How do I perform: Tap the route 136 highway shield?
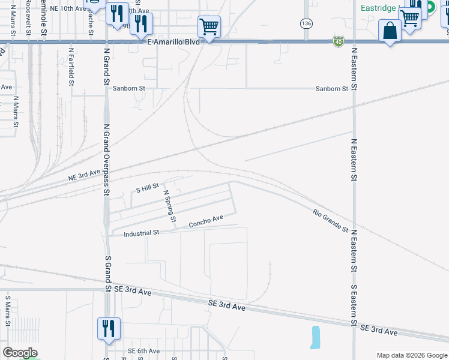[x=307, y=23]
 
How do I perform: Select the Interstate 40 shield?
[x=339, y=41]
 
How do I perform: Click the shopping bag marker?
[x=390, y=31]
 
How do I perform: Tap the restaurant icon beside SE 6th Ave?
[x=109, y=329]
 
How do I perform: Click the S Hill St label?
[x=147, y=188]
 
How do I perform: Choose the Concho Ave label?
[x=206, y=221]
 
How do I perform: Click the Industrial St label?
[x=141, y=232]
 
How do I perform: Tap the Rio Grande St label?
[x=330, y=221]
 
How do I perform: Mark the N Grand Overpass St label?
[x=107, y=160]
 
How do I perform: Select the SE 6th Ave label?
[x=143, y=351]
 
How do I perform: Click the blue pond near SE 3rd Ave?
[x=315, y=337]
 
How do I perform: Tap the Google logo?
[x=20, y=353]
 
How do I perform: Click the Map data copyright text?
[x=411, y=355]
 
